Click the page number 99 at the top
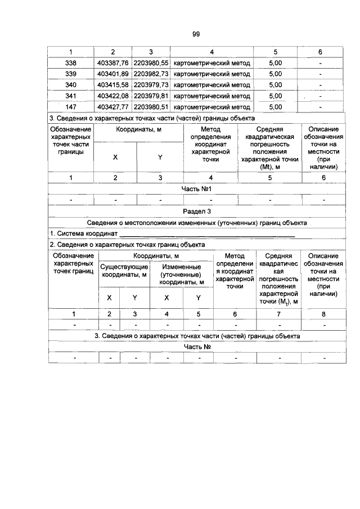click(196, 34)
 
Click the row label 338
click(71, 63)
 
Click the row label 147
click(71, 106)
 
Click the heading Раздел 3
click(197, 211)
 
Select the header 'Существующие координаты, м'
click(124, 271)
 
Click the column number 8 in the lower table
click(323, 314)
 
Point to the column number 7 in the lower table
click(278, 314)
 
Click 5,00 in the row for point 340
click(276, 84)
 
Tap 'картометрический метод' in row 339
click(212, 74)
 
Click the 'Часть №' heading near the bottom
click(197, 346)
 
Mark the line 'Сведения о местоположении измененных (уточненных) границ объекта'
click(197, 222)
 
